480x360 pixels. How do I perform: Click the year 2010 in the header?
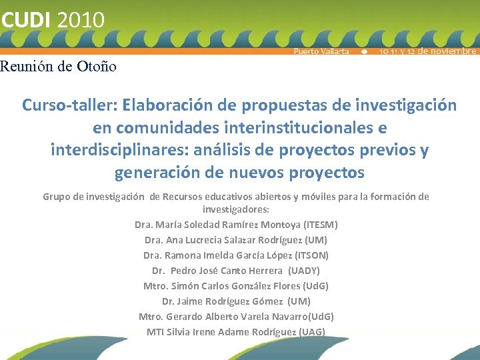(x=81, y=19)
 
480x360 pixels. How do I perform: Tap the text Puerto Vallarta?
(x=321, y=51)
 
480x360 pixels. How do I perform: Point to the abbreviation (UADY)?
(x=304, y=271)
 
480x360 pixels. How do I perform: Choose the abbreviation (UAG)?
(x=312, y=332)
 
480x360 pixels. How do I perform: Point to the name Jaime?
(x=193, y=301)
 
